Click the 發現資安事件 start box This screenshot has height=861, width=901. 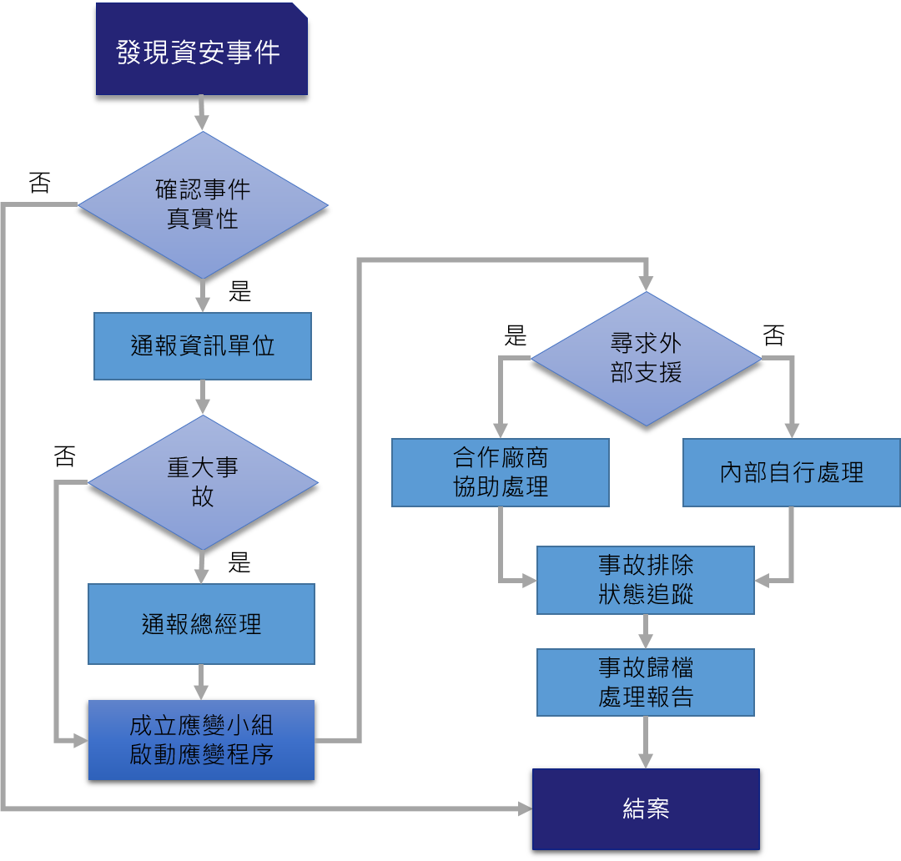point(201,49)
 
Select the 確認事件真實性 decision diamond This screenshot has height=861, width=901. point(203,204)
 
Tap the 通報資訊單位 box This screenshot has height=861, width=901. point(202,346)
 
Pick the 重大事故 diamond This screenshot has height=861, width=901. point(203,482)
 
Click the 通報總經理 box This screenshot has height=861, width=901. point(201,624)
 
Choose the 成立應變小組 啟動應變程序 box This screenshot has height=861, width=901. point(201,740)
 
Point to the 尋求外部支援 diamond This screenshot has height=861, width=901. point(646,359)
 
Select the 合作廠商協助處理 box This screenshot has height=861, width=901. point(500,473)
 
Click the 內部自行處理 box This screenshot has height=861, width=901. point(791,473)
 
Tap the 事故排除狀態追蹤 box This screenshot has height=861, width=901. point(645,580)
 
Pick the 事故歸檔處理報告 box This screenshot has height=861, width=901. point(645,682)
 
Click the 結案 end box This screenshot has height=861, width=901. point(646,808)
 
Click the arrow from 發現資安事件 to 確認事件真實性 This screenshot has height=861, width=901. point(202,113)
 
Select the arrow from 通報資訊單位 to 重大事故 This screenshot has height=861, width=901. point(202,397)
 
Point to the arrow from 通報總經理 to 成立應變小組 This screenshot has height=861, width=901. point(201,682)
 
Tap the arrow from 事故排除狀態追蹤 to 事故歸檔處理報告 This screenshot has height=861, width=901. point(645,632)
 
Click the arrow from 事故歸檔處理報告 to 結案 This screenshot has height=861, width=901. point(645,742)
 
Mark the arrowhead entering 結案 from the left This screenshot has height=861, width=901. point(525,808)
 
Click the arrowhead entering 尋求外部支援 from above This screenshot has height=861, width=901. point(646,284)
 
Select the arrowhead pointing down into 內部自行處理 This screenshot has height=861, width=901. point(791,430)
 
